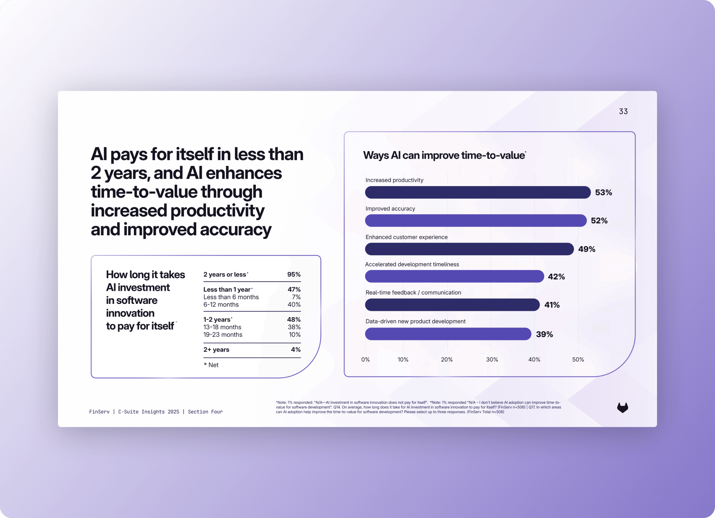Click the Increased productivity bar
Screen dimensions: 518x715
coord(478,192)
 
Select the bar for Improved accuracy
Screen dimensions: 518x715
coord(475,220)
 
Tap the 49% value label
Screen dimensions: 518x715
coord(587,249)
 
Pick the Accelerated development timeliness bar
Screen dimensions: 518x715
coord(454,277)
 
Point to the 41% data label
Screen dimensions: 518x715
coord(552,305)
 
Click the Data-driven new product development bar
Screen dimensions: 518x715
coord(448,334)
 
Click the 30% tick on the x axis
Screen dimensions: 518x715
coord(492,359)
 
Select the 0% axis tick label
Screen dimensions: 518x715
coord(365,359)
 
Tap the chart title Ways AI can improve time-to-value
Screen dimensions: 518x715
coord(444,155)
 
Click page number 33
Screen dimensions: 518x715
coord(623,112)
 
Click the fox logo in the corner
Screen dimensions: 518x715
coord(622,407)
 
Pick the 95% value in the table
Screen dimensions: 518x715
coord(294,274)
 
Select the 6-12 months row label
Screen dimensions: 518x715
coord(221,305)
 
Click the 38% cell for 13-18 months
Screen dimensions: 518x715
coord(294,327)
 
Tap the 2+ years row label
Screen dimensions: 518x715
coord(216,349)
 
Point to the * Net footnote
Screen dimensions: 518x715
coord(211,365)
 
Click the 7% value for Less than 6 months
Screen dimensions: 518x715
coord(296,297)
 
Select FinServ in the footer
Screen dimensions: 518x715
coord(99,412)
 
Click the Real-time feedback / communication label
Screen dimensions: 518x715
coord(413,293)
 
